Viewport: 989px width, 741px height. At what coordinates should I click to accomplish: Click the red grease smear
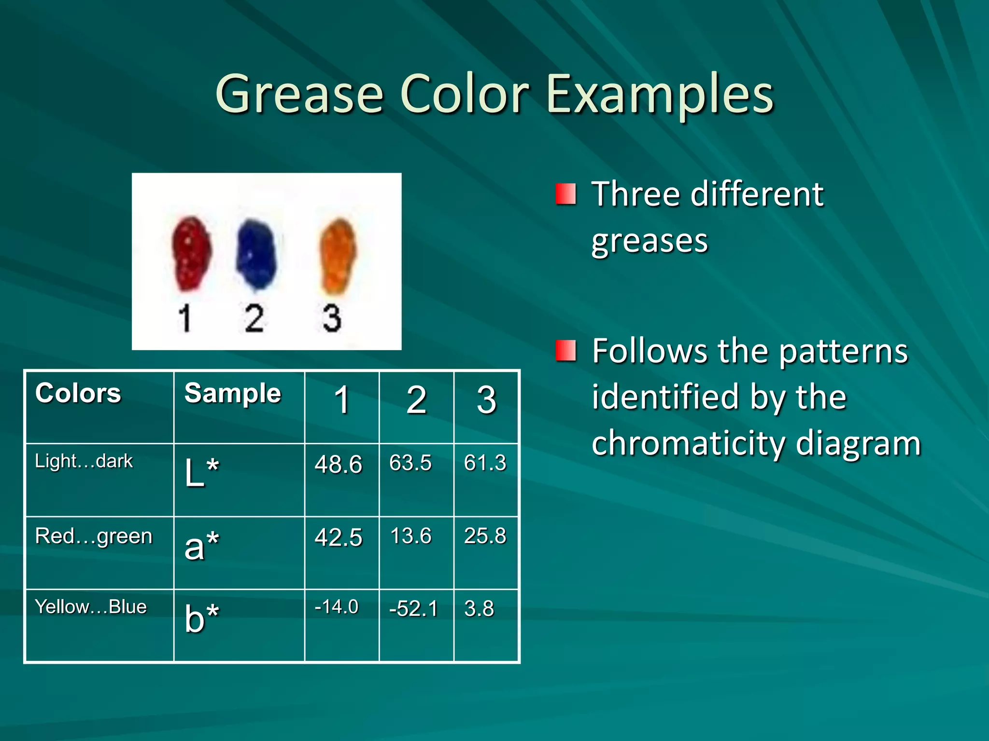(191, 254)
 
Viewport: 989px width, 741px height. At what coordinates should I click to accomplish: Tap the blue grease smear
(256, 254)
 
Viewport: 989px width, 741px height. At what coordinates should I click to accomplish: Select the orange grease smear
(337, 256)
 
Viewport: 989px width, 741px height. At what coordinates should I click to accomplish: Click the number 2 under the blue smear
(254, 318)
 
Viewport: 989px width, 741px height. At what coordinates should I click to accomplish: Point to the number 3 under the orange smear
(332, 318)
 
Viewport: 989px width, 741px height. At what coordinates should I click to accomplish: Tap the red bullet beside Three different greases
(565, 194)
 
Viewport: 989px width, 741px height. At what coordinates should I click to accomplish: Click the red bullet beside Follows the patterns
(565, 351)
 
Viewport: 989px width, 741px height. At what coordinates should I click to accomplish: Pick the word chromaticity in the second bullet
(688, 443)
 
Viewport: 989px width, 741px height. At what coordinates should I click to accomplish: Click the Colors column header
(78, 393)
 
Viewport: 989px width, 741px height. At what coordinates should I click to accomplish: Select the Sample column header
(233, 393)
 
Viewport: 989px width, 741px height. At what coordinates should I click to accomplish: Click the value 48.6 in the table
(338, 465)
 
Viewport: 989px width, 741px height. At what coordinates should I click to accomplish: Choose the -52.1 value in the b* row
(413, 609)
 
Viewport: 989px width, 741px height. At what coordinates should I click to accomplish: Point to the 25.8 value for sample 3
(485, 536)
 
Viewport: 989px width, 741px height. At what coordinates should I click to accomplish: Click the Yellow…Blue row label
(91, 607)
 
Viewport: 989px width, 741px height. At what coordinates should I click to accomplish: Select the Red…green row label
(94, 536)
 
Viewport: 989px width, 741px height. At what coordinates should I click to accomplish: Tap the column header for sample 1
(342, 400)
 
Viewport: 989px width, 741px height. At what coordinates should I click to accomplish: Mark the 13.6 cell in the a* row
(410, 536)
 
